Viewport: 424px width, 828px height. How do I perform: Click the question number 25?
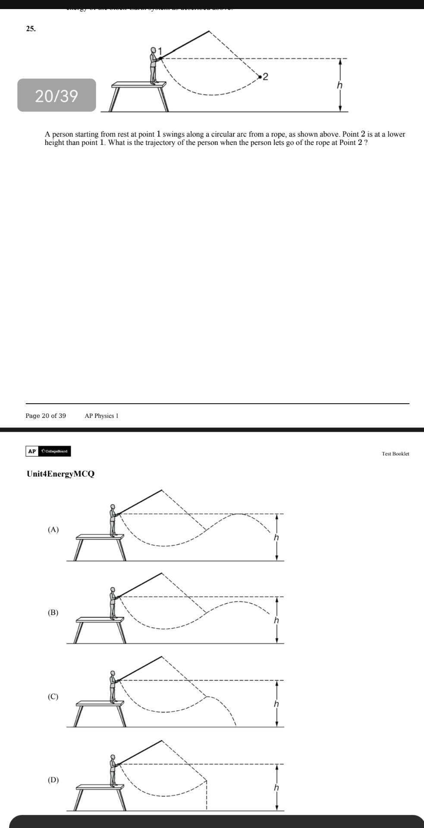pos(31,29)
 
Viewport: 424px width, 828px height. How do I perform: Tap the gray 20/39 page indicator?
pos(57,95)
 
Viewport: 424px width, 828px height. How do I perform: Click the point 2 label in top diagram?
pos(265,77)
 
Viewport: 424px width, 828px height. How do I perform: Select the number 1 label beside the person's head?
pos(159,50)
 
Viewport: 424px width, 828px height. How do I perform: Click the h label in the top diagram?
pos(340,85)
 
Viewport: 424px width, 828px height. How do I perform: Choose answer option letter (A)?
pos(53,530)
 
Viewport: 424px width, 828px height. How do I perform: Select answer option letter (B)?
pos(53,612)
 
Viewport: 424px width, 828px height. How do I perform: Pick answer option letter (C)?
pos(53,696)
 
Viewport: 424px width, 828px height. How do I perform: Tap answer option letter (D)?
pos(53,780)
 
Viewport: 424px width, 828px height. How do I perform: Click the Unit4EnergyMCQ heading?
pos(60,474)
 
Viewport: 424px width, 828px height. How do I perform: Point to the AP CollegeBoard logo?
pos(48,451)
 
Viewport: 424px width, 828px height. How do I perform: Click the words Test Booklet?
pos(395,454)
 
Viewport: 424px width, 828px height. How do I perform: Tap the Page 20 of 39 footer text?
pos(46,416)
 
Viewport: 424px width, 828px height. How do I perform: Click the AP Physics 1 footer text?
pos(101,416)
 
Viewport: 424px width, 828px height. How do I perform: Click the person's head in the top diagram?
pos(153,50)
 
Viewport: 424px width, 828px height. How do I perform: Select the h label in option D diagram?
pos(276,787)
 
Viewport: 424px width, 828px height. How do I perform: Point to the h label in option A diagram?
pos(276,538)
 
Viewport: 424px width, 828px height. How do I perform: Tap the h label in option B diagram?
pos(276,621)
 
